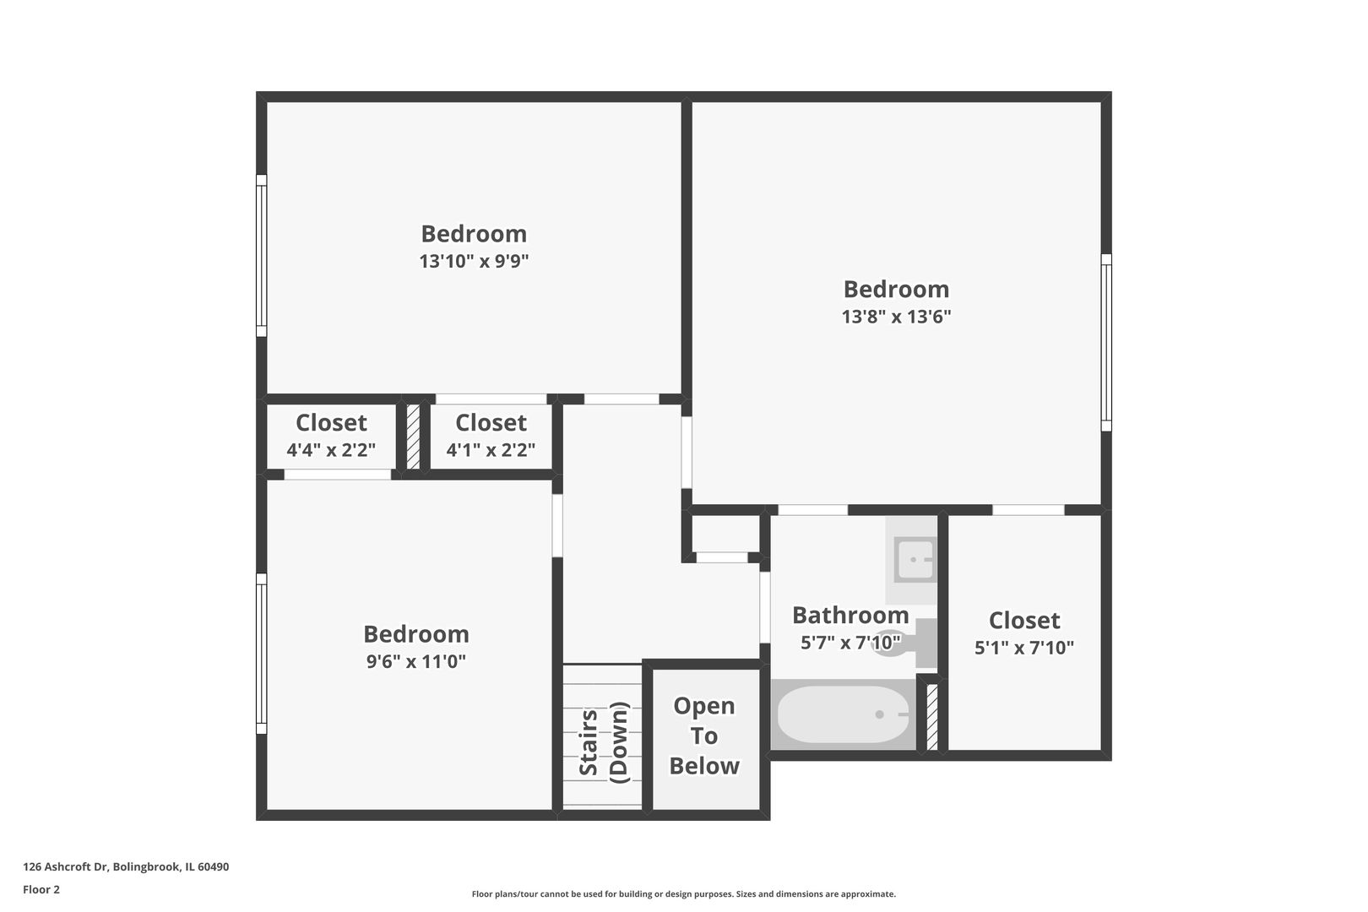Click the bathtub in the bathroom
coord(842,714)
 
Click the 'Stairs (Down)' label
coord(603,742)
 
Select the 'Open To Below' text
coord(704,736)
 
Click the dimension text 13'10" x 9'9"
coord(474,261)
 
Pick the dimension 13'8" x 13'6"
coord(896,317)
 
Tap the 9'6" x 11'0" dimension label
coord(415,661)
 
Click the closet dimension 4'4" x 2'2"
coord(331,450)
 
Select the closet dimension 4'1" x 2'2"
coord(491,450)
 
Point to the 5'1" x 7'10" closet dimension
coord(1023,648)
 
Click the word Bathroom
coord(850,615)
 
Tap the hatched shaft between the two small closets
coord(414,437)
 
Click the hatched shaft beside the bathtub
coord(932,717)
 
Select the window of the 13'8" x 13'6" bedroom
coord(1106,342)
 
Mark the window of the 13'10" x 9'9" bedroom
coord(262,256)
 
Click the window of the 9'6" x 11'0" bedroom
coord(262,654)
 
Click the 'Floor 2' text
coord(41,889)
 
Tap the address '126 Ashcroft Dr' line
coord(126,866)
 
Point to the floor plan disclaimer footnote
coord(683,893)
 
